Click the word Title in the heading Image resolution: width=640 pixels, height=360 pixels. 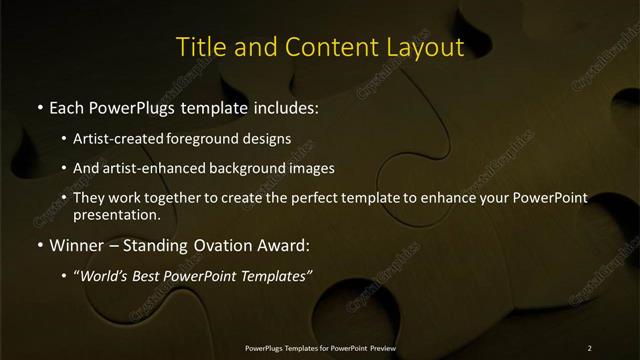[199, 47]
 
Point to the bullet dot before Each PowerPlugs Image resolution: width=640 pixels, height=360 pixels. [39, 106]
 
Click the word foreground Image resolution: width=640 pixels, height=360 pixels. [213, 138]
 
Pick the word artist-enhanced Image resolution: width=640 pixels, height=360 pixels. [152, 168]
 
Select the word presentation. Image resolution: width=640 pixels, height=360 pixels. [115, 214]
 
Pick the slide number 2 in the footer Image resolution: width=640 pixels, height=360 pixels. [589, 347]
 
